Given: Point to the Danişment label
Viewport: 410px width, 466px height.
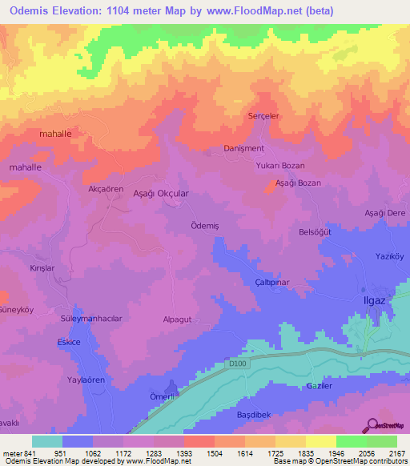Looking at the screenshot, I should pos(243,148).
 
